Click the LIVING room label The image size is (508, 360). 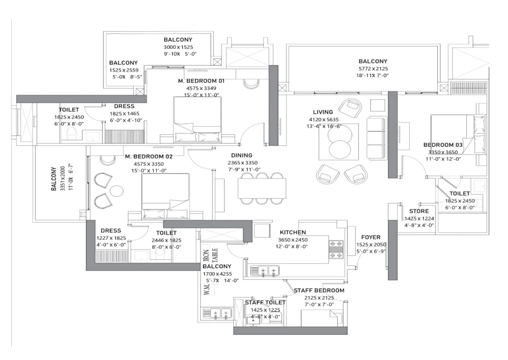click(x=323, y=112)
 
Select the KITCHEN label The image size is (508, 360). click(x=293, y=233)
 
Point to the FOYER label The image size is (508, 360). click(x=371, y=237)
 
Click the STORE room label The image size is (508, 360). click(x=419, y=211)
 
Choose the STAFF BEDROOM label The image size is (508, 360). click(x=319, y=290)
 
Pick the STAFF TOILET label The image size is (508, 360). click(x=265, y=303)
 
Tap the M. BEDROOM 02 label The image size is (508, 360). click(x=149, y=157)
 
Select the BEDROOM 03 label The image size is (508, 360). click(x=443, y=145)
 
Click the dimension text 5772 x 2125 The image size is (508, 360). click(x=372, y=69)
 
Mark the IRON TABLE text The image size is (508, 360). click(x=210, y=252)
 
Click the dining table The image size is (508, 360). click(x=262, y=188)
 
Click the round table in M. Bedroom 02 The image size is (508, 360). click(x=117, y=191)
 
